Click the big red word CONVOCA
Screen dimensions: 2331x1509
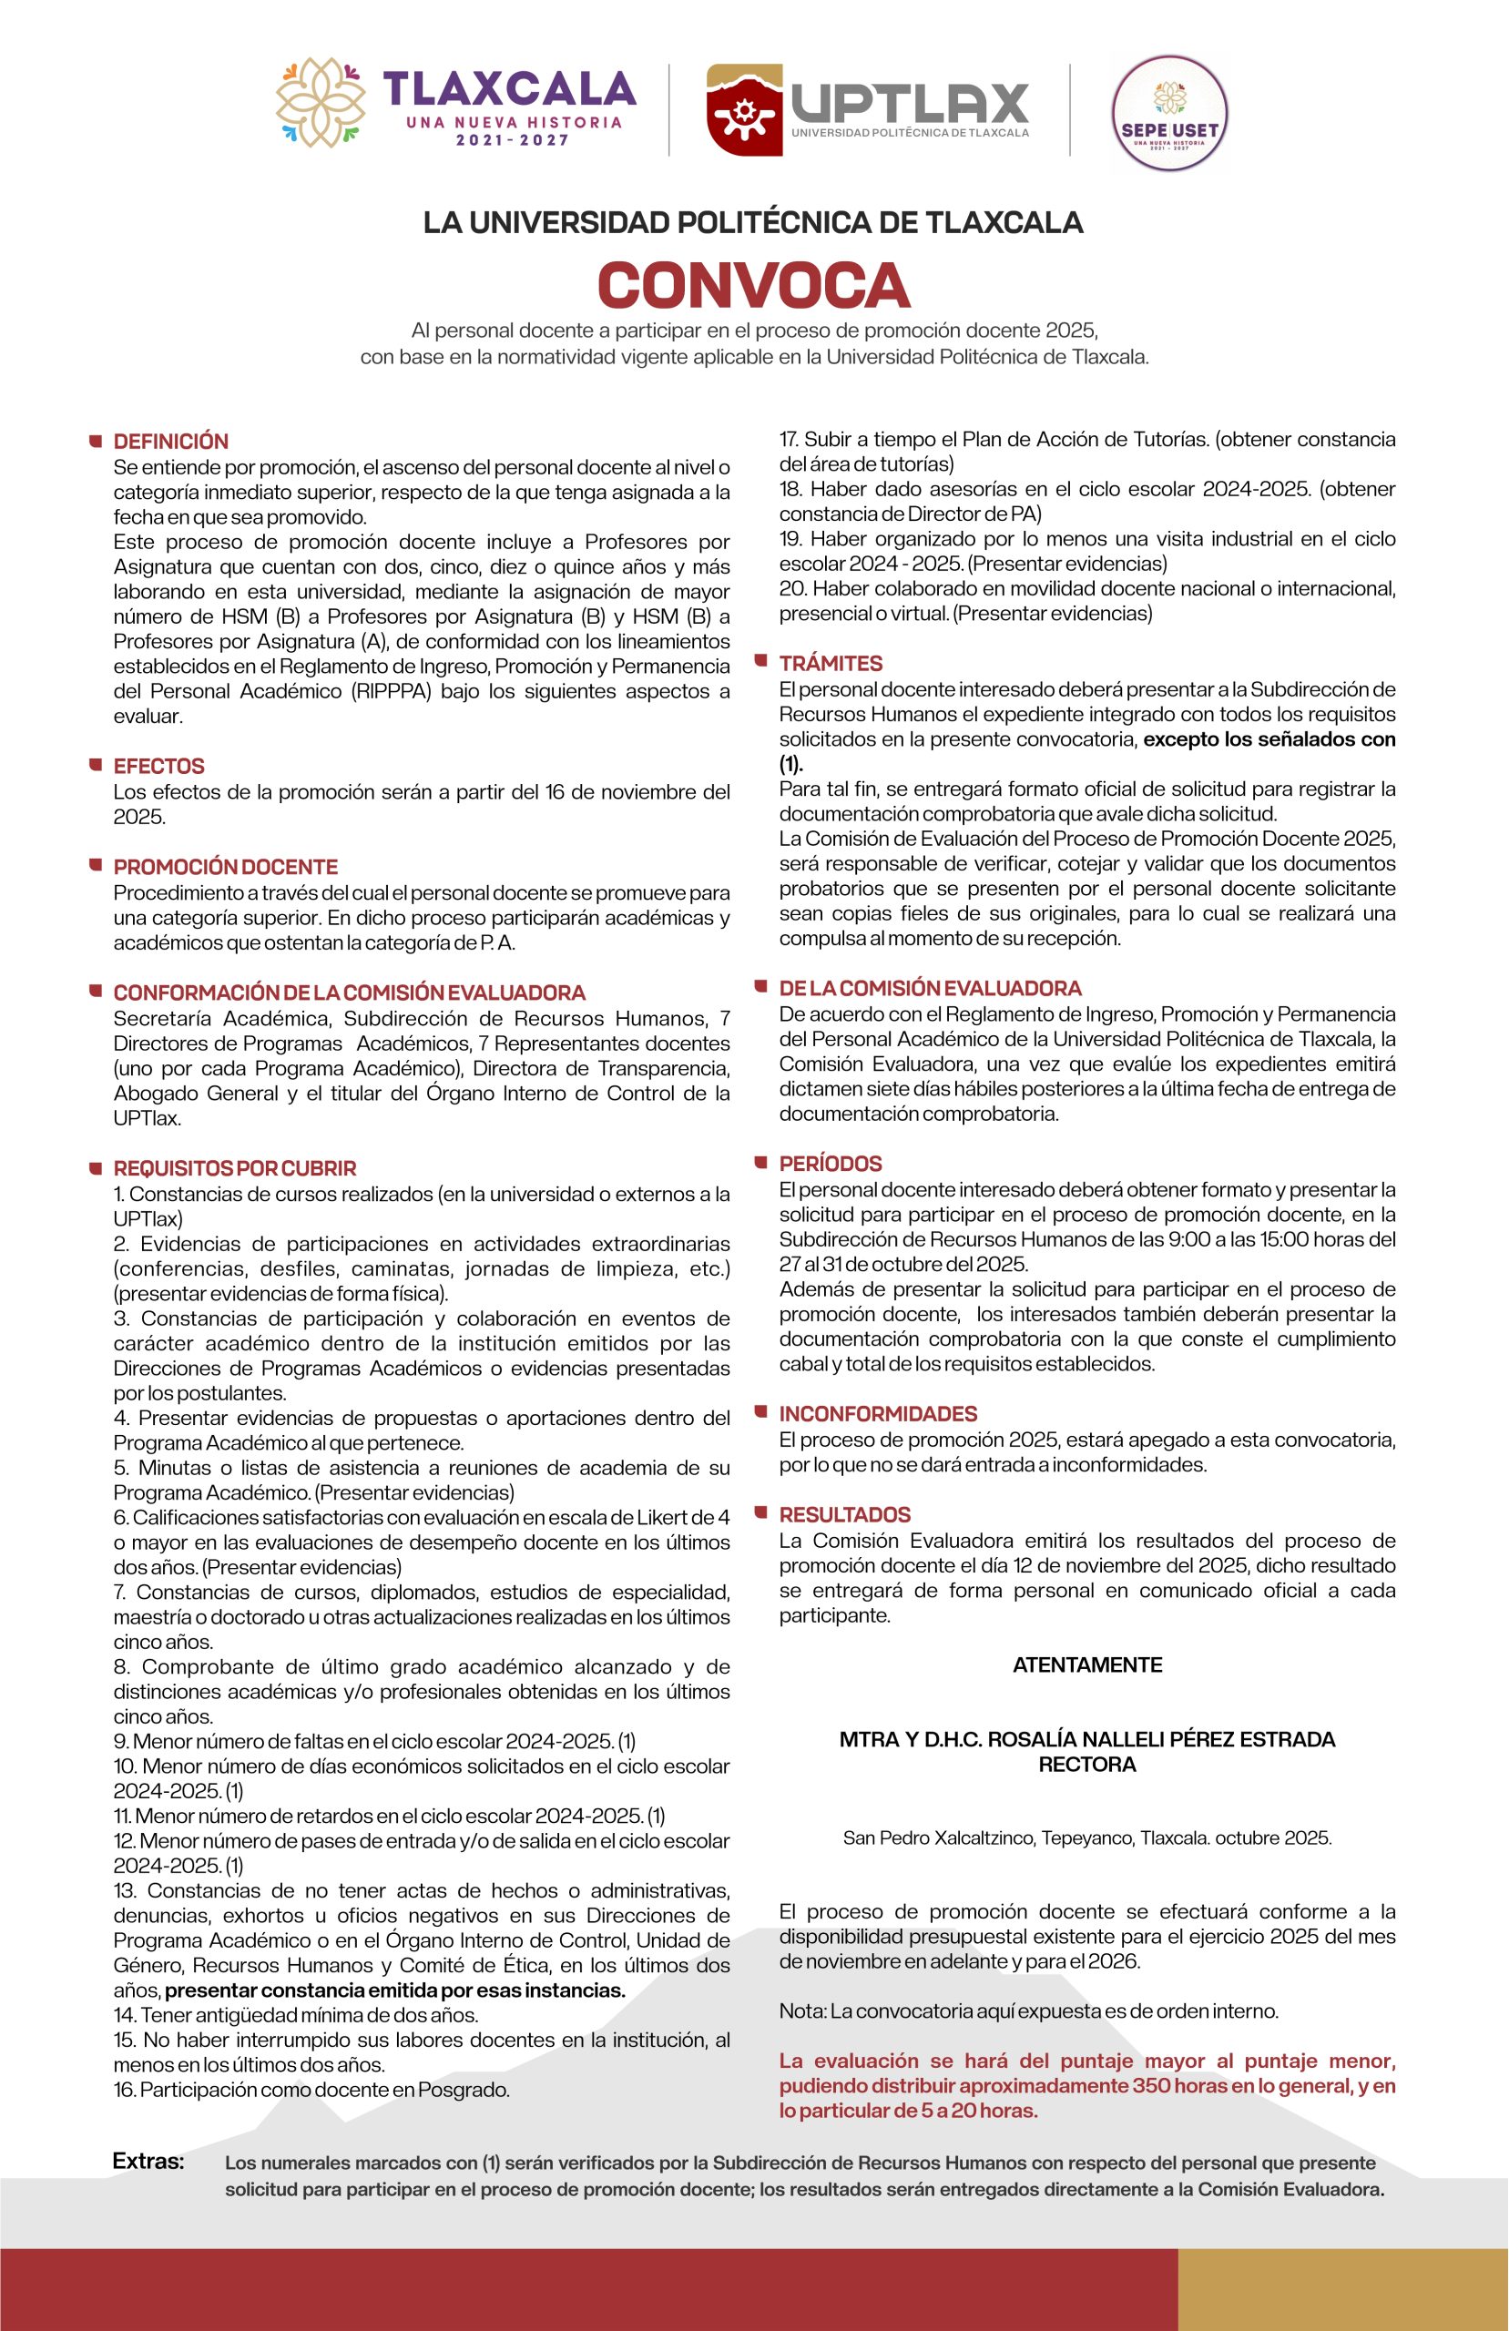(753, 285)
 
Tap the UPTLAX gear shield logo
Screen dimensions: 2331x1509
(744, 109)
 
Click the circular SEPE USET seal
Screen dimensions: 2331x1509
(1169, 113)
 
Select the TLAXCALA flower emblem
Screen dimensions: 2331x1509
(320, 103)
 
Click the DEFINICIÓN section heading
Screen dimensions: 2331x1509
(170, 441)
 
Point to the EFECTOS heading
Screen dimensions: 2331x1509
(158, 766)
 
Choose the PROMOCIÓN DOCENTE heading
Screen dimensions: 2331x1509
(225, 867)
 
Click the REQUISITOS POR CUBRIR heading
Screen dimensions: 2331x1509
(234, 1167)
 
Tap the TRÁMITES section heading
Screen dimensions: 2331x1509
(831, 663)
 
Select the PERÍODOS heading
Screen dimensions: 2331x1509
(830, 1164)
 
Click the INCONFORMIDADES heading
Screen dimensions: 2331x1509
(878, 1413)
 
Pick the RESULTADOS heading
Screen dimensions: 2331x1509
(844, 1514)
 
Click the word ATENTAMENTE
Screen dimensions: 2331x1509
(1086, 1665)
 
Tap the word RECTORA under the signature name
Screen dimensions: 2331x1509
(1086, 1765)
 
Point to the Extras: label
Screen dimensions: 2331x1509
(148, 2162)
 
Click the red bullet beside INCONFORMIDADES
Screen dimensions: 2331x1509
(760, 1411)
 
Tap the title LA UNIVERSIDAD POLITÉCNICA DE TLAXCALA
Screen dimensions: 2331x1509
(753, 222)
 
